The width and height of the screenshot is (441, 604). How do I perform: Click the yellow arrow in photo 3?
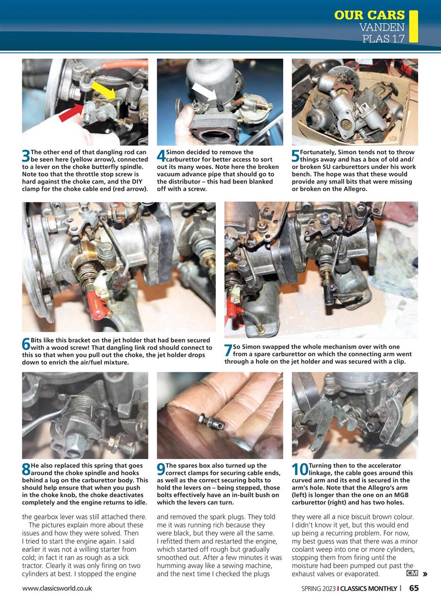104,90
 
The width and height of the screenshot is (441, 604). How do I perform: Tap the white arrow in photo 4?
204,92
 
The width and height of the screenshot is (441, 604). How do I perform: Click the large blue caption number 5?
296,156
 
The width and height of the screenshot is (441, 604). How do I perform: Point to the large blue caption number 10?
299,470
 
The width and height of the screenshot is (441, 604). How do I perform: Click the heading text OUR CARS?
369,15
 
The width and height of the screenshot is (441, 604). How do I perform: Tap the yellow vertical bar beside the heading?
414,26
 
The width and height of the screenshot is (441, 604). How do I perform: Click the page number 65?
414,588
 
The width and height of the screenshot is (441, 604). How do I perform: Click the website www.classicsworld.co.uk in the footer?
57,588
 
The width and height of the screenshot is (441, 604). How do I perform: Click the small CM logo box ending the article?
412,573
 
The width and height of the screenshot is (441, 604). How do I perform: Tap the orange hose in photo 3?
123,65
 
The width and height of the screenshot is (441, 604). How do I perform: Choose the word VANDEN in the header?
382,27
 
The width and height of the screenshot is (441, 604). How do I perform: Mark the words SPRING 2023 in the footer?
318,588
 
